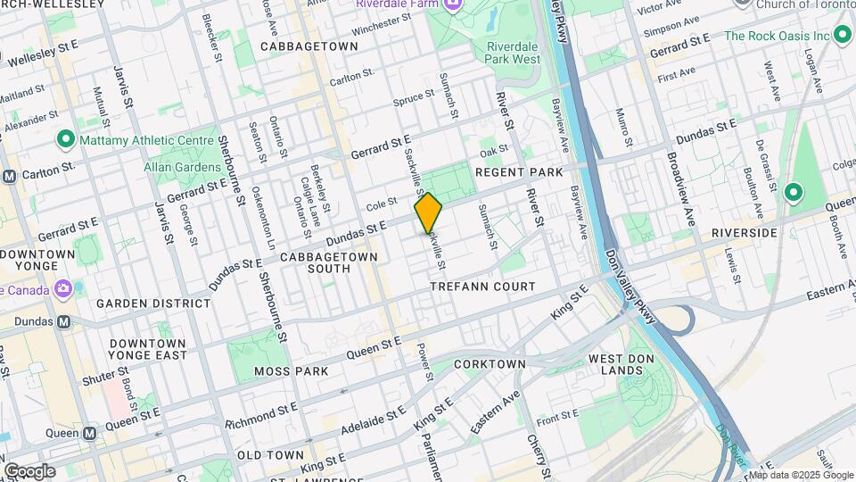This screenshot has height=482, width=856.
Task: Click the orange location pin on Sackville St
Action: click(428, 213)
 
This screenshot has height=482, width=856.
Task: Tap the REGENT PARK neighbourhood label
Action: click(519, 171)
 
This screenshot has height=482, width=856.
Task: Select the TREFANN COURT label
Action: click(482, 287)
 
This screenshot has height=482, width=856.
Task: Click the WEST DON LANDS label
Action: click(612, 364)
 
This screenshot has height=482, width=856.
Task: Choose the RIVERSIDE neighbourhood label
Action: click(744, 232)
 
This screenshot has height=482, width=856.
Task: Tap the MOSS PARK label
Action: click(286, 370)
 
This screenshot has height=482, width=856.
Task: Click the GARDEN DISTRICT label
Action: click(153, 303)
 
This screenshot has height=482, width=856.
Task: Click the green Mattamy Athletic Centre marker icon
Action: click(64, 140)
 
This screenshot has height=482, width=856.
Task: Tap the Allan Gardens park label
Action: click(182, 167)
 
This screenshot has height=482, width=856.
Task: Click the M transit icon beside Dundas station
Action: click(63, 321)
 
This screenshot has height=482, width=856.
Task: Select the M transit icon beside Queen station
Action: click(89, 433)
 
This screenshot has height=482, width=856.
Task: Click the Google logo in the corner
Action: click(29, 470)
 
